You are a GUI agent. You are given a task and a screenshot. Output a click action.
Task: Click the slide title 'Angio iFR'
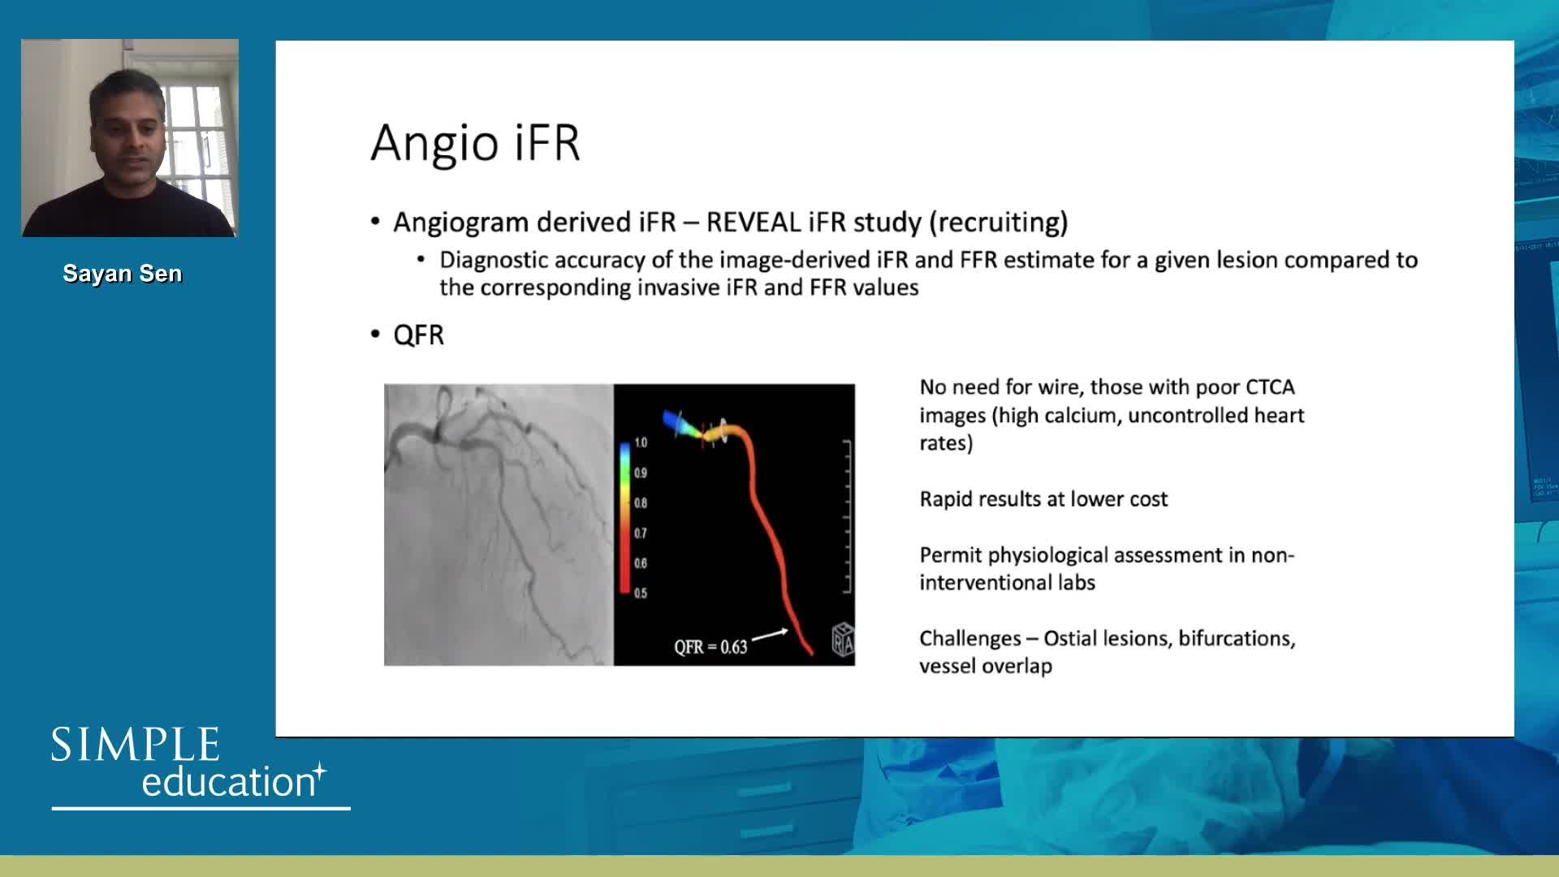(x=475, y=143)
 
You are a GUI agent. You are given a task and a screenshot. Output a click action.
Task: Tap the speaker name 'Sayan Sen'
(x=123, y=274)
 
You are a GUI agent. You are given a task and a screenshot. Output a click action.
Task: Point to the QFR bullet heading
(x=418, y=335)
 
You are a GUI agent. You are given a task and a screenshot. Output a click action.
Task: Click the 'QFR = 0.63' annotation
(x=710, y=647)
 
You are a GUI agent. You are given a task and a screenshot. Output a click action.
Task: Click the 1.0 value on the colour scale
(x=641, y=443)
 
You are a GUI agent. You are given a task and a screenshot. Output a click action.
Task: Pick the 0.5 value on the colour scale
(x=641, y=593)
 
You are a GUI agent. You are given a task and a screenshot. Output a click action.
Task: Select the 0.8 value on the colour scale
(x=641, y=503)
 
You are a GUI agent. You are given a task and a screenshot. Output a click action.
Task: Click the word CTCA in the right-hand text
(x=1270, y=387)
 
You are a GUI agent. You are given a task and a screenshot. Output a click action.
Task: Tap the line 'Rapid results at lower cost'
(x=1043, y=499)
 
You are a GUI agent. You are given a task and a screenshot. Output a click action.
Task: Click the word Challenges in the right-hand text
(x=970, y=638)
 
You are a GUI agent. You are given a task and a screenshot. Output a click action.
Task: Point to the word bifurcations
(x=1236, y=638)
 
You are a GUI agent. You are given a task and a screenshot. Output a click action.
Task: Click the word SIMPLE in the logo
(x=136, y=745)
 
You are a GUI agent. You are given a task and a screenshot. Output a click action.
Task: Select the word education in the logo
(x=228, y=781)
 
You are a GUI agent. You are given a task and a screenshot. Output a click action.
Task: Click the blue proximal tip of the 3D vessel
(x=671, y=420)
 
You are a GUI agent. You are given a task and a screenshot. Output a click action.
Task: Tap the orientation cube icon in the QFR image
(x=843, y=640)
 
